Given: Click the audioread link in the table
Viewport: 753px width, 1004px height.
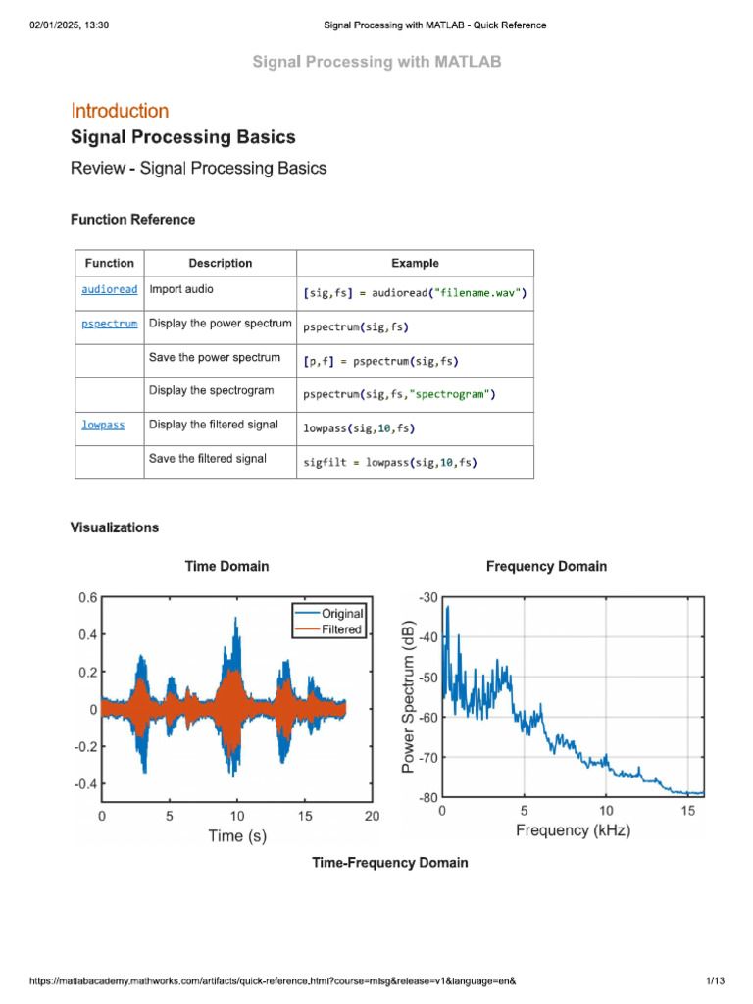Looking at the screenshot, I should [x=110, y=290].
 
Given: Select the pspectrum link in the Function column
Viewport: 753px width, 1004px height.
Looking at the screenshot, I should [x=110, y=324].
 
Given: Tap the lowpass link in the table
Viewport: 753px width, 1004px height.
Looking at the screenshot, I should [x=103, y=426].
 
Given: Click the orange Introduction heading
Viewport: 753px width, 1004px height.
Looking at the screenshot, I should [x=120, y=111].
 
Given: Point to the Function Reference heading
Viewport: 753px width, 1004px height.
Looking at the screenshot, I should [x=132, y=220].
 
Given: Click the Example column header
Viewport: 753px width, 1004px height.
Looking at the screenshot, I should [x=415, y=263].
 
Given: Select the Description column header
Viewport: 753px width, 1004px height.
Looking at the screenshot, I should [x=221, y=263].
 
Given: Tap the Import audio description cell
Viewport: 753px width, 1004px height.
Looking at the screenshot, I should [x=181, y=290].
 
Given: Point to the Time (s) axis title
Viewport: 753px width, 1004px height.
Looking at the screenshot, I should [x=236, y=836].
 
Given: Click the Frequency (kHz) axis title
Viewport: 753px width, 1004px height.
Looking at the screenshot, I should [x=573, y=830].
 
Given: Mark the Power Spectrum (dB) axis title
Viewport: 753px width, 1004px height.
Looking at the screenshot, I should [x=409, y=696].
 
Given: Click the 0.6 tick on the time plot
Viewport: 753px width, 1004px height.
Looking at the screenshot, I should [x=87, y=597].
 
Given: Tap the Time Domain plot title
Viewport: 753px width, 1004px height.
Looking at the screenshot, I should [x=226, y=566].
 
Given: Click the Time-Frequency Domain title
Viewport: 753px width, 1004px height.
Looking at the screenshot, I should [x=389, y=863].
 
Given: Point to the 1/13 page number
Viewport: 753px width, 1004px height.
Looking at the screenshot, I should [x=715, y=981].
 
